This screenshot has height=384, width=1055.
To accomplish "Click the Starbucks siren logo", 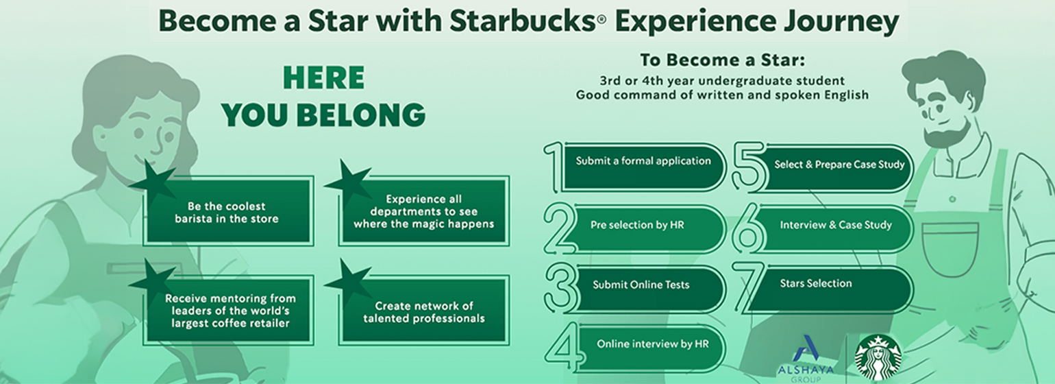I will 879,357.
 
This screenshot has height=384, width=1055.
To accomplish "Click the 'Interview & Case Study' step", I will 835,225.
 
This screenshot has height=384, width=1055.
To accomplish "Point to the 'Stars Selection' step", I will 815,284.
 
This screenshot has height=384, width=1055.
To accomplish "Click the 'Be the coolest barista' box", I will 227,212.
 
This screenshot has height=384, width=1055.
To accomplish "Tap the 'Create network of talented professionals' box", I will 425,312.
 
